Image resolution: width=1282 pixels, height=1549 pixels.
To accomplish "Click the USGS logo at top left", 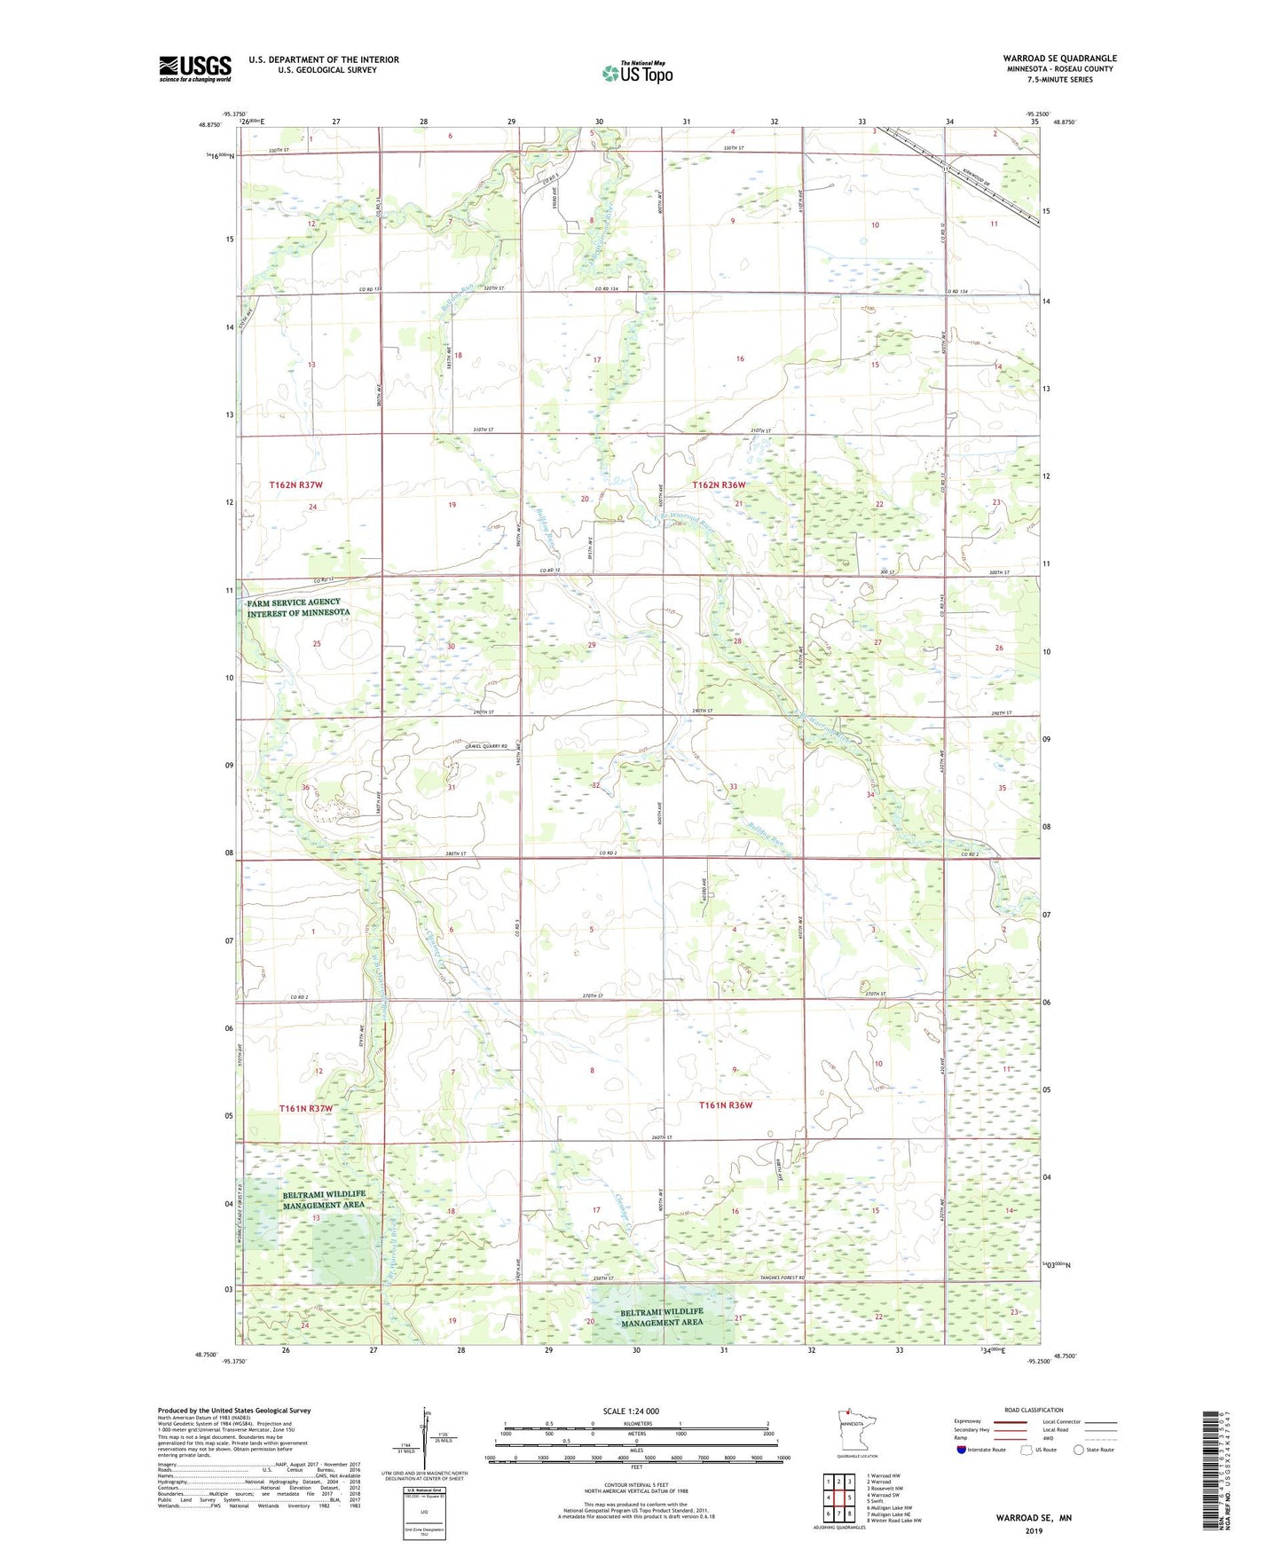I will coord(194,68).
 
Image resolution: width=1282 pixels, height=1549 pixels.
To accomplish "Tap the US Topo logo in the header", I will coord(637,73).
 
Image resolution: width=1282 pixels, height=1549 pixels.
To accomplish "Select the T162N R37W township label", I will coord(295,485).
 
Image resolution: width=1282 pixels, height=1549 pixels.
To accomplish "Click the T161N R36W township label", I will coord(725,1105).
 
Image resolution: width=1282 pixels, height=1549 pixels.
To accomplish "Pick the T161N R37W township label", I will coord(305,1109).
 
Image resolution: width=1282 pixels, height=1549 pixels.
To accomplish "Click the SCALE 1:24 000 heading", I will coord(631,1411).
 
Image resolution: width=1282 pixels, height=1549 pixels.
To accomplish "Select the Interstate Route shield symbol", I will coord(962,1450).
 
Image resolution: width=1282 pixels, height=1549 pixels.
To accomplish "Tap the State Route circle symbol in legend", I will coord(1079,1450).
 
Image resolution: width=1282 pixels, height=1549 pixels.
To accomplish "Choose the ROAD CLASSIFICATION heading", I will coord(1034,1410).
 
